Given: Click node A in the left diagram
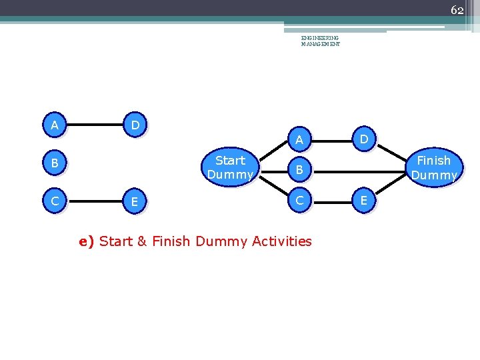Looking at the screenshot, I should coord(55,125).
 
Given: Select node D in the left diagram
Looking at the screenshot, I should coord(135,125).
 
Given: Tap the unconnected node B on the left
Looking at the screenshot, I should coord(55,163).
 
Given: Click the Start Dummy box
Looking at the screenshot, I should coord(230,167).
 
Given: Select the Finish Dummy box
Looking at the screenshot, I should coord(434,167).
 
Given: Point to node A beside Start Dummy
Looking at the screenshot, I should coord(299,139).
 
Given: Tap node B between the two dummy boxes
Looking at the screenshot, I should coord(299,170).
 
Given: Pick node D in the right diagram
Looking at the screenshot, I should coord(364,139).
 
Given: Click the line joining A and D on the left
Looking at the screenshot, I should coord(94,125).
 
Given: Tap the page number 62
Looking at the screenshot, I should coord(457,10).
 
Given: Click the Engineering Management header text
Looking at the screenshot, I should coord(320,41).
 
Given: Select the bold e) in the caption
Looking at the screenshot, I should coord(87,241).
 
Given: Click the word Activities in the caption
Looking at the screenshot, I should coord(282,241).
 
